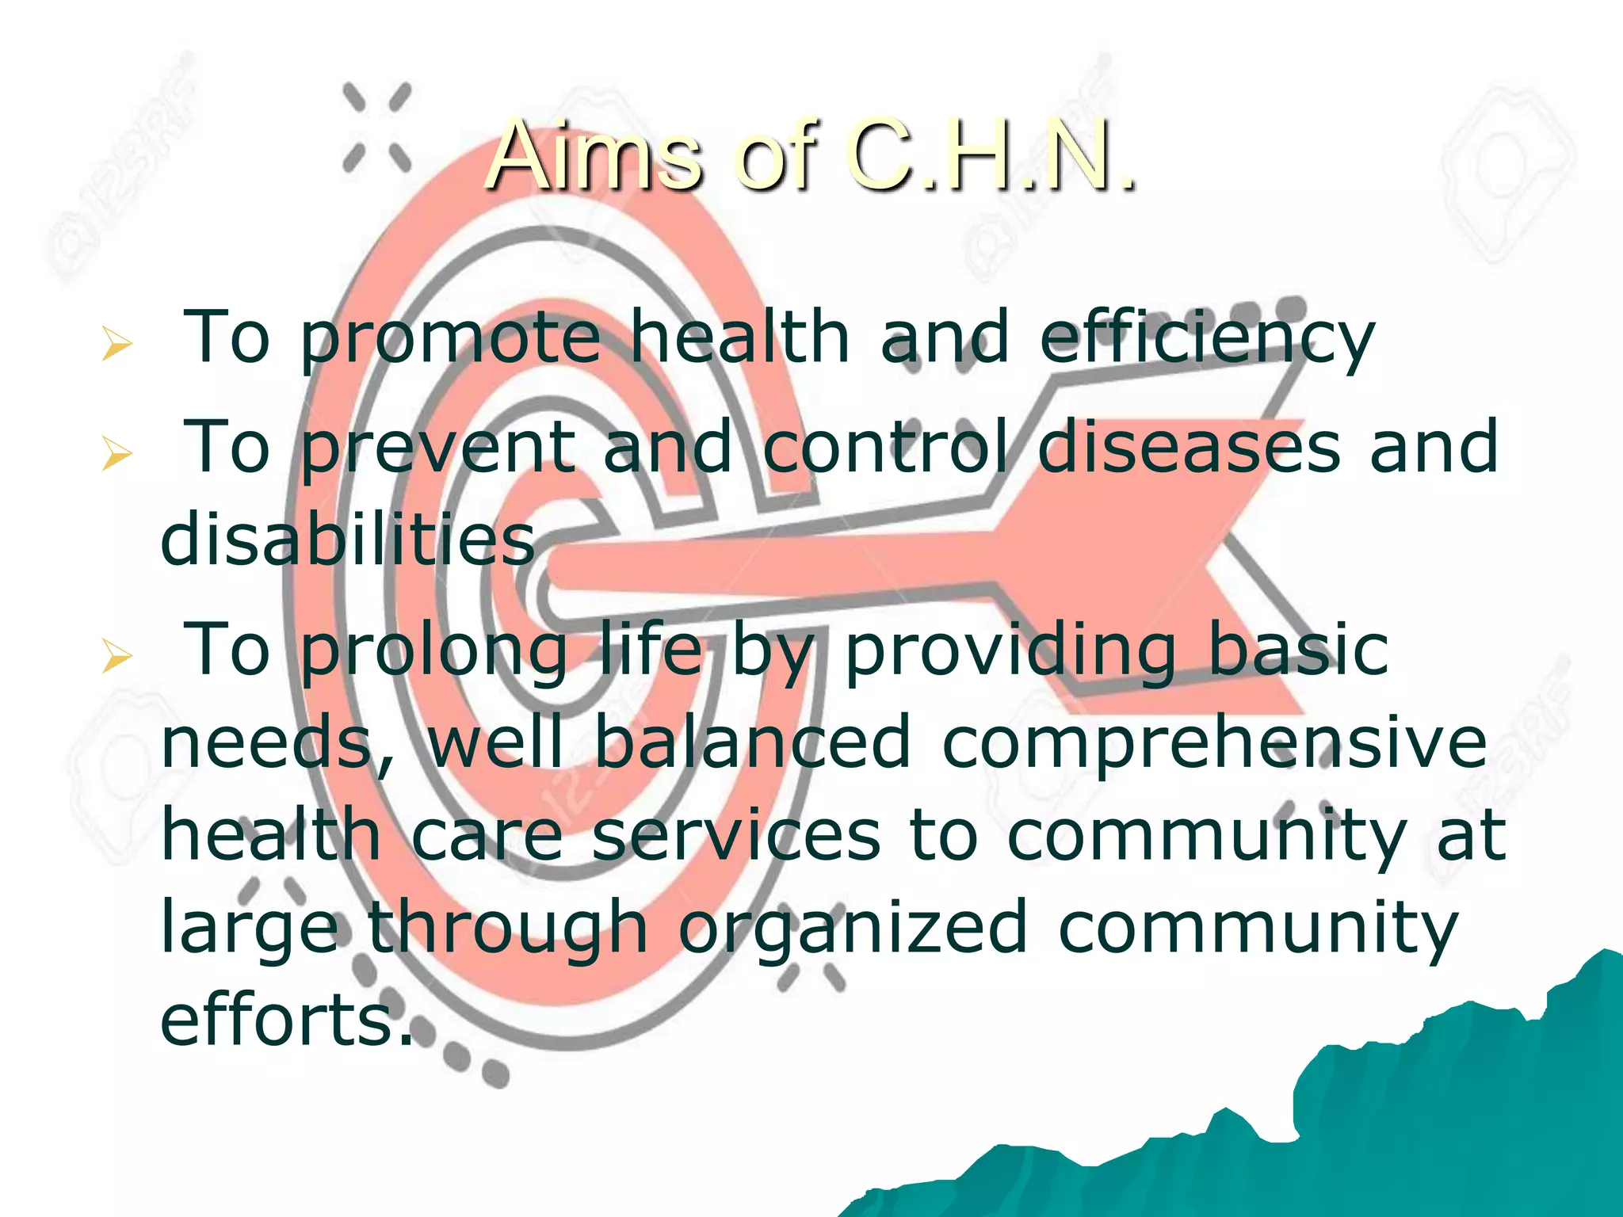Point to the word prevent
(438, 448)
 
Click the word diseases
(1189, 447)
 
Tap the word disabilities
(347, 540)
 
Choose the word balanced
(752, 742)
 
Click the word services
(736, 835)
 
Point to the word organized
(853, 929)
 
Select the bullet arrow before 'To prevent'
(116, 455)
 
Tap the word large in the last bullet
(250, 929)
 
